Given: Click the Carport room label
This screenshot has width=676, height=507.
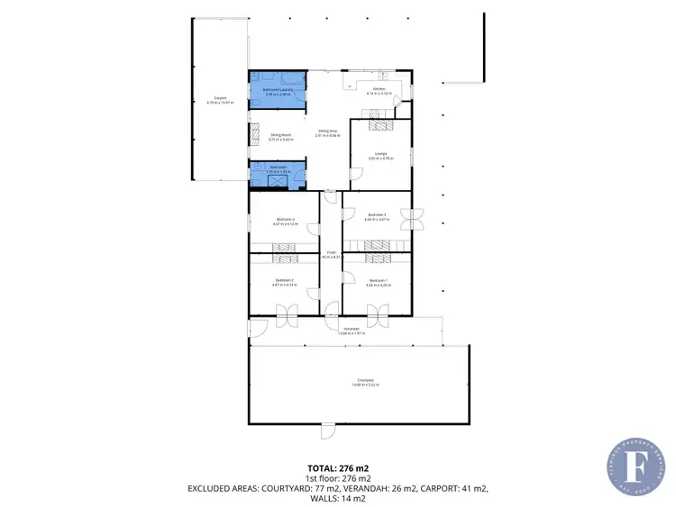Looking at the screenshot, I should click(x=219, y=98).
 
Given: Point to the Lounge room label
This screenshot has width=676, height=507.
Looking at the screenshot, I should click(x=379, y=155).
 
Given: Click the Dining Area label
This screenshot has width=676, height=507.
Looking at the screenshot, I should click(x=325, y=132).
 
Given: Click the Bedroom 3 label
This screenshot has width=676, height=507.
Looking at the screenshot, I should click(x=377, y=214).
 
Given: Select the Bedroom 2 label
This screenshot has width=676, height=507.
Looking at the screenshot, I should click(x=284, y=280).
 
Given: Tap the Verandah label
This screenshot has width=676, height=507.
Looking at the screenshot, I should click(x=351, y=330).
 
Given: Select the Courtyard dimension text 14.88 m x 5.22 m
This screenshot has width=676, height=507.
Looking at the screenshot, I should click(x=364, y=386).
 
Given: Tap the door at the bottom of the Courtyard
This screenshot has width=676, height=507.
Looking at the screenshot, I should click(x=327, y=431).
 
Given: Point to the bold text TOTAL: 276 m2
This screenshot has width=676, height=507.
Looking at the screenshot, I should click(x=337, y=468).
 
